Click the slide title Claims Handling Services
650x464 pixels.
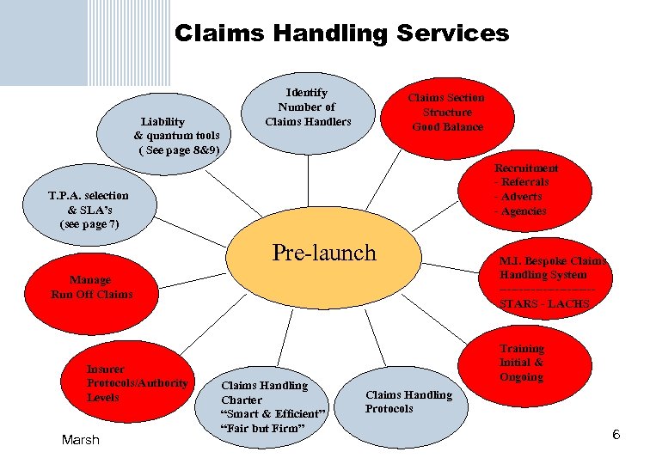(341, 34)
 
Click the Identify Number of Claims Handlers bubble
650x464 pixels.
(307, 107)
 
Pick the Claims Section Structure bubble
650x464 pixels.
(447, 113)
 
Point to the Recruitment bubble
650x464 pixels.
(526, 190)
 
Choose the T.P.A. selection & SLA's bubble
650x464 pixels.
(89, 210)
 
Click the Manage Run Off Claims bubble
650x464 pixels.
(91, 287)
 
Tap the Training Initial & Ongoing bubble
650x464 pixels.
(522, 362)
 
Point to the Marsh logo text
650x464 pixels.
(81, 440)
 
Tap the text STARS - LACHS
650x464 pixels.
(544, 304)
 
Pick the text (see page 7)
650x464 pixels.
(89, 224)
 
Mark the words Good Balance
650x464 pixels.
(447, 127)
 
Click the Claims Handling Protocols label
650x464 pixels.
(408, 401)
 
